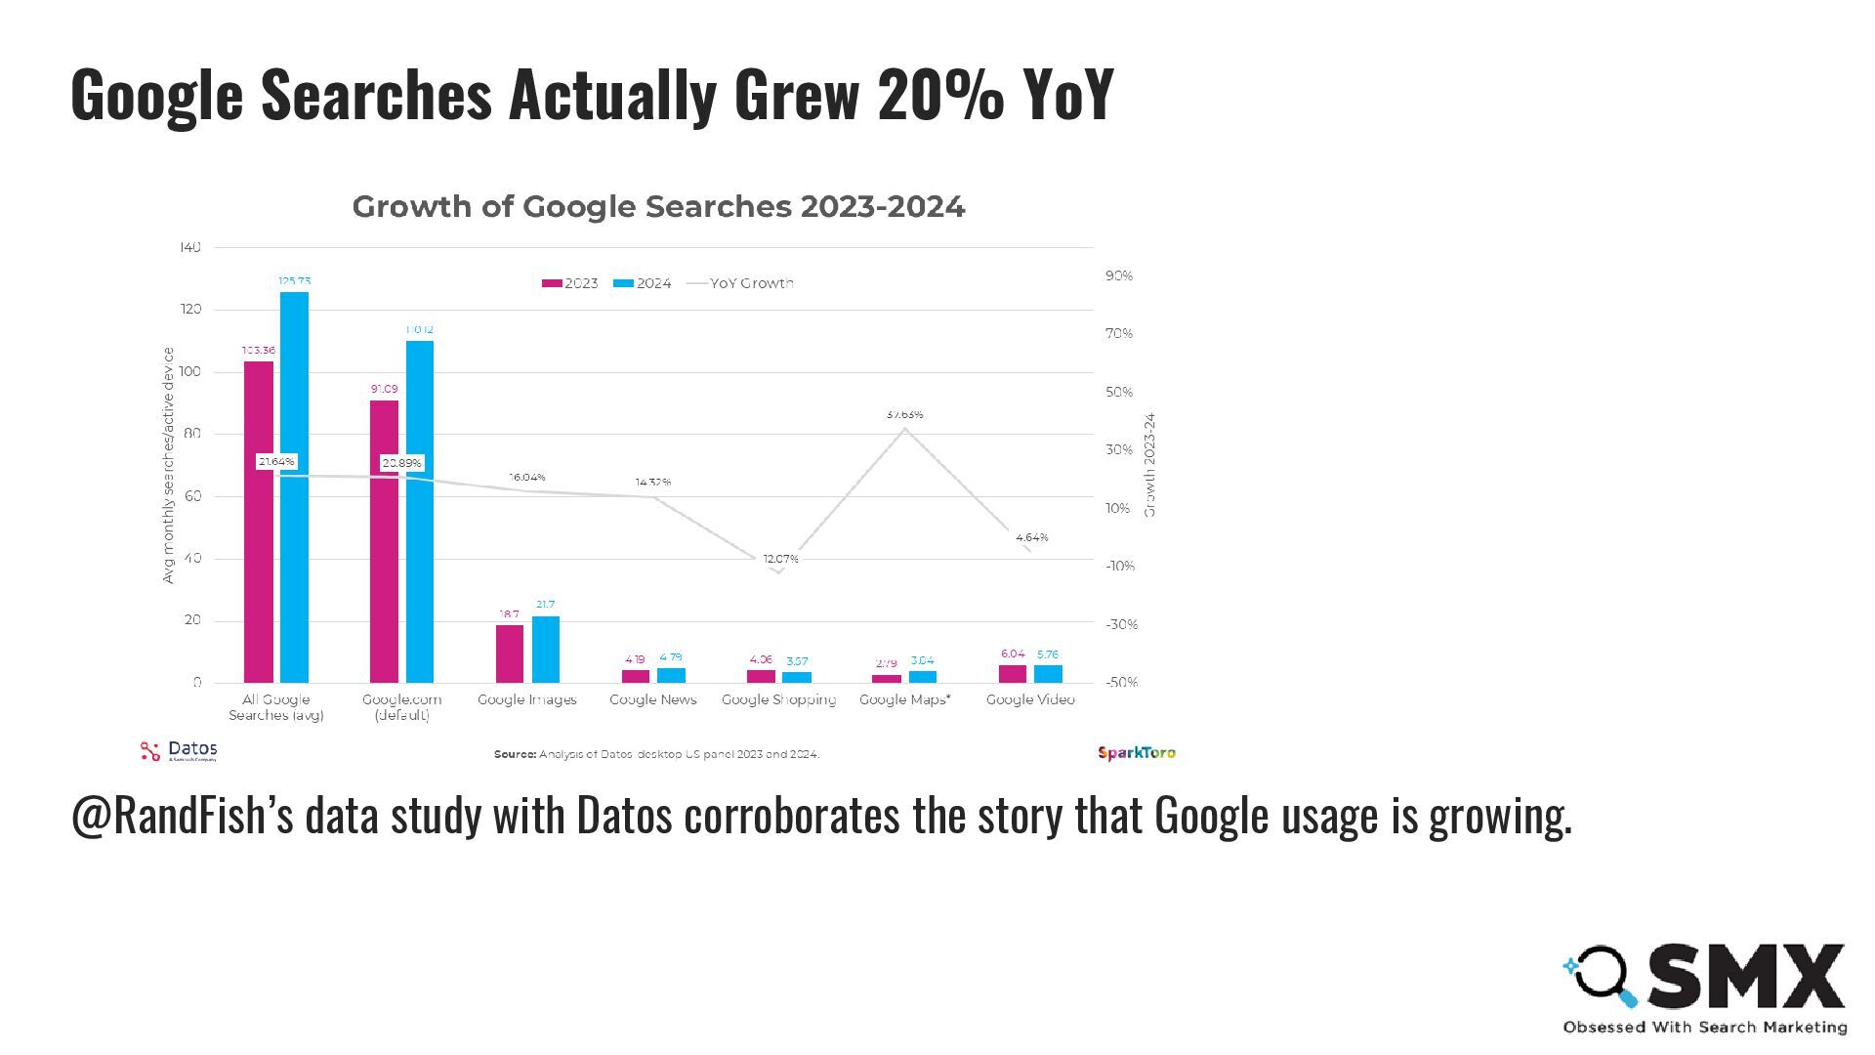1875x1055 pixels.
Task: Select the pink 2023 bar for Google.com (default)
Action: [x=384, y=541]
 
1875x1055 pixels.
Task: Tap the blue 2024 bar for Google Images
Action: [x=545, y=649]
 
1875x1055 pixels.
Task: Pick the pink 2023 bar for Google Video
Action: [x=1013, y=674]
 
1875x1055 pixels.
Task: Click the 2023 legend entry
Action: [x=570, y=283]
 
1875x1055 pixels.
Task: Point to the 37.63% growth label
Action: [x=904, y=415]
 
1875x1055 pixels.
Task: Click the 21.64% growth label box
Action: [x=276, y=461]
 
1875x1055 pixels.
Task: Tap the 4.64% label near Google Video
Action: [x=1031, y=537]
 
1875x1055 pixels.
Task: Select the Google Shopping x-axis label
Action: [x=778, y=699]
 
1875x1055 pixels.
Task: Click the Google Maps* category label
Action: [x=904, y=699]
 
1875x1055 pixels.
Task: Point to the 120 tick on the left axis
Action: [x=190, y=309]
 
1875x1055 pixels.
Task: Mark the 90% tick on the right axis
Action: [x=1119, y=275]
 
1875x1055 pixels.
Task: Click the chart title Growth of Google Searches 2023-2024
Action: [x=658, y=207]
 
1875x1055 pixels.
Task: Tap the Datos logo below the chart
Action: [x=179, y=751]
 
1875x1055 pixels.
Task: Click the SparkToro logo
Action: [x=1137, y=752]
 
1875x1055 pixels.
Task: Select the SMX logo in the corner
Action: [x=1704, y=987]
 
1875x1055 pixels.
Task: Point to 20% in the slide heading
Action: [x=940, y=95]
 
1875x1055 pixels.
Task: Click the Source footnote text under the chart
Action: [x=656, y=754]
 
